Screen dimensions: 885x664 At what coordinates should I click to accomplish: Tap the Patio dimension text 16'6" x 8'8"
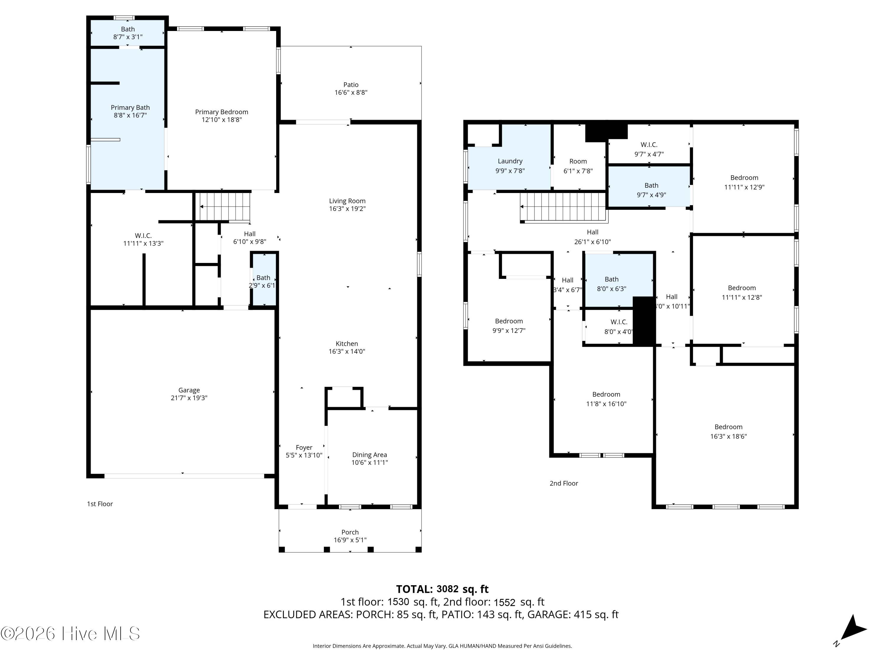click(x=351, y=92)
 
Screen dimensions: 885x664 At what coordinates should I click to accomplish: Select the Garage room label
click(x=189, y=390)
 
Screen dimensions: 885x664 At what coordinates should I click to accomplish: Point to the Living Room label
click(x=347, y=201)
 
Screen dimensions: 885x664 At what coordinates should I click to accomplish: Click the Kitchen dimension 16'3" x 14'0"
click(x=347, y=351)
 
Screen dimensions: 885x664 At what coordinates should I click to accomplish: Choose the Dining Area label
click(x=370, y=455)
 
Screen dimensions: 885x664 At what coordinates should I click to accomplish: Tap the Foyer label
click(x=304, y=447)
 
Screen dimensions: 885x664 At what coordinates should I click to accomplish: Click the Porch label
click(x=350, y=532)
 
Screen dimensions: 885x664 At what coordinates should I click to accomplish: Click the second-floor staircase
click(x=564, y=207)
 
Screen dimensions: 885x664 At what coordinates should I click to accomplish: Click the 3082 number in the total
click(x=447, y=589)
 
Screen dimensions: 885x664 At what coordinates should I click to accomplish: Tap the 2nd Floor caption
click(x=564, y=483)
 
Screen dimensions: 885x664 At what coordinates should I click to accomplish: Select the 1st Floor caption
click(x=100, y=504)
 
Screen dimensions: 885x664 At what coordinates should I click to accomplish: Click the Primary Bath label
click(x=130, y=108)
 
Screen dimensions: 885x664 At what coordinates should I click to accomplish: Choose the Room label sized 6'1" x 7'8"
click(x=578, y=161)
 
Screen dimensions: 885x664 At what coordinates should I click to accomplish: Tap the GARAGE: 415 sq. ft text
click(x=573, y=614)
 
